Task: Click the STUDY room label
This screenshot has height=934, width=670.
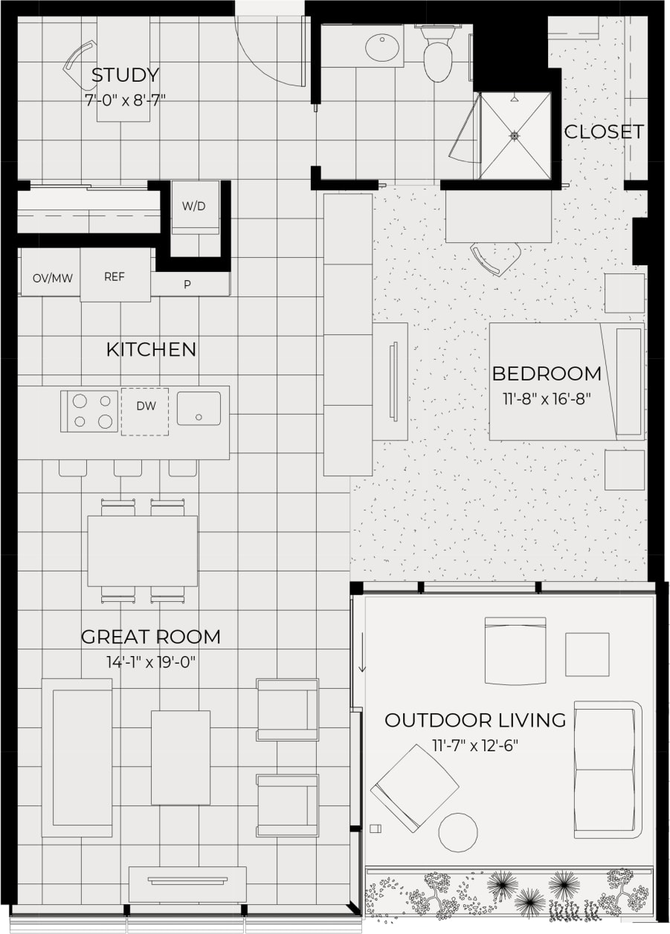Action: coord(125,75)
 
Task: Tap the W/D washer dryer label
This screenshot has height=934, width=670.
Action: coord(194,206)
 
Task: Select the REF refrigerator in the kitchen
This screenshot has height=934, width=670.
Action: coord(115,276)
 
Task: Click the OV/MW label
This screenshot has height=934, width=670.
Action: coord(52,279)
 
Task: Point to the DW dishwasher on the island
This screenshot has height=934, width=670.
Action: coord(145,406)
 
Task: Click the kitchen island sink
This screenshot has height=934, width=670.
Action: coord(199,409)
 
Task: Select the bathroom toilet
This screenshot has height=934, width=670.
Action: coord(438,55)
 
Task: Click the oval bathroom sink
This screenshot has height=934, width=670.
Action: coord(384,48)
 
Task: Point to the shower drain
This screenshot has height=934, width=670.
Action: coord(514,136)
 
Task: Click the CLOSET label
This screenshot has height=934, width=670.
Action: coord(604,132)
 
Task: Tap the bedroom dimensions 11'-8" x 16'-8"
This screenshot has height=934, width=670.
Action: coord(547,398)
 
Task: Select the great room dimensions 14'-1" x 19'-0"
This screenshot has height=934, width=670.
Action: coord(151,661)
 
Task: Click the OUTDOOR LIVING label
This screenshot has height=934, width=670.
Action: coord(475,720)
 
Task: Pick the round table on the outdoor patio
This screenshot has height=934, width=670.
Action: coord(458,832)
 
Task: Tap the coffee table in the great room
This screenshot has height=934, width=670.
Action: coord(181,757)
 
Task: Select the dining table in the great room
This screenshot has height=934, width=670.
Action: coord(143,551)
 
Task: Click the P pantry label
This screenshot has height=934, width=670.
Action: coord(187,284)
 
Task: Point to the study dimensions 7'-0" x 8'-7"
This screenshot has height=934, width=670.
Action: coord(125,99)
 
